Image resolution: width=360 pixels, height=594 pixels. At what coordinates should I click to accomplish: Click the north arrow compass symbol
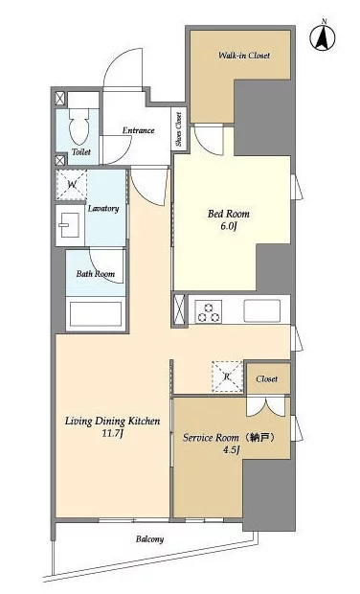point(323,37)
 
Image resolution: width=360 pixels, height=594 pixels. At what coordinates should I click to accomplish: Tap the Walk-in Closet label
point(244,56)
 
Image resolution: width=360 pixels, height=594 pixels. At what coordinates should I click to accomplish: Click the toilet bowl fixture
point(79,124)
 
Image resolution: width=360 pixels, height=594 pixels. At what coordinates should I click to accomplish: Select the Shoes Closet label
point(179,129)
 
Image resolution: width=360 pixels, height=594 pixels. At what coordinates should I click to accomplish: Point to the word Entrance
point(138,130)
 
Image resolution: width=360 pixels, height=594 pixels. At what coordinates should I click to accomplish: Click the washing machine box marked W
point(72,185)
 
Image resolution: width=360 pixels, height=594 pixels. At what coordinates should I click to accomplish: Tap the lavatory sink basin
point(69,225)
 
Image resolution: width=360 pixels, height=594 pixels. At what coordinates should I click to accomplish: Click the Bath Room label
point(96,273)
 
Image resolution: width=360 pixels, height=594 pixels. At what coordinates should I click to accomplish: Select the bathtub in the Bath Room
point(96,313)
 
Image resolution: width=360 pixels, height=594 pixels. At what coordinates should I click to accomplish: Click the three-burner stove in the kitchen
point(208,311)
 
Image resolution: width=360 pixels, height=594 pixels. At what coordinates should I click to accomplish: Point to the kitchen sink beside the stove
point(262,311)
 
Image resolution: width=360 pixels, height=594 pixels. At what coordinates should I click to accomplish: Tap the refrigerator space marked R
point(227,377)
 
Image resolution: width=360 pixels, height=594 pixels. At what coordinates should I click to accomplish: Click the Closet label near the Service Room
point(266,378)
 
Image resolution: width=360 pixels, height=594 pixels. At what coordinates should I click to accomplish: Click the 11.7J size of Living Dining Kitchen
point(112,433)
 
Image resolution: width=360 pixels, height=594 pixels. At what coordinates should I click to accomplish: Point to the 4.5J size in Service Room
point(231,450)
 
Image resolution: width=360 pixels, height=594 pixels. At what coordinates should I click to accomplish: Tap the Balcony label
point(150,539)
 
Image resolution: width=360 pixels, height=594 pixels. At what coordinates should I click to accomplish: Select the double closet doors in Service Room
point(266,406)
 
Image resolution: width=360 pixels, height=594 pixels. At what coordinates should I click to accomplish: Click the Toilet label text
point(81,152)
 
